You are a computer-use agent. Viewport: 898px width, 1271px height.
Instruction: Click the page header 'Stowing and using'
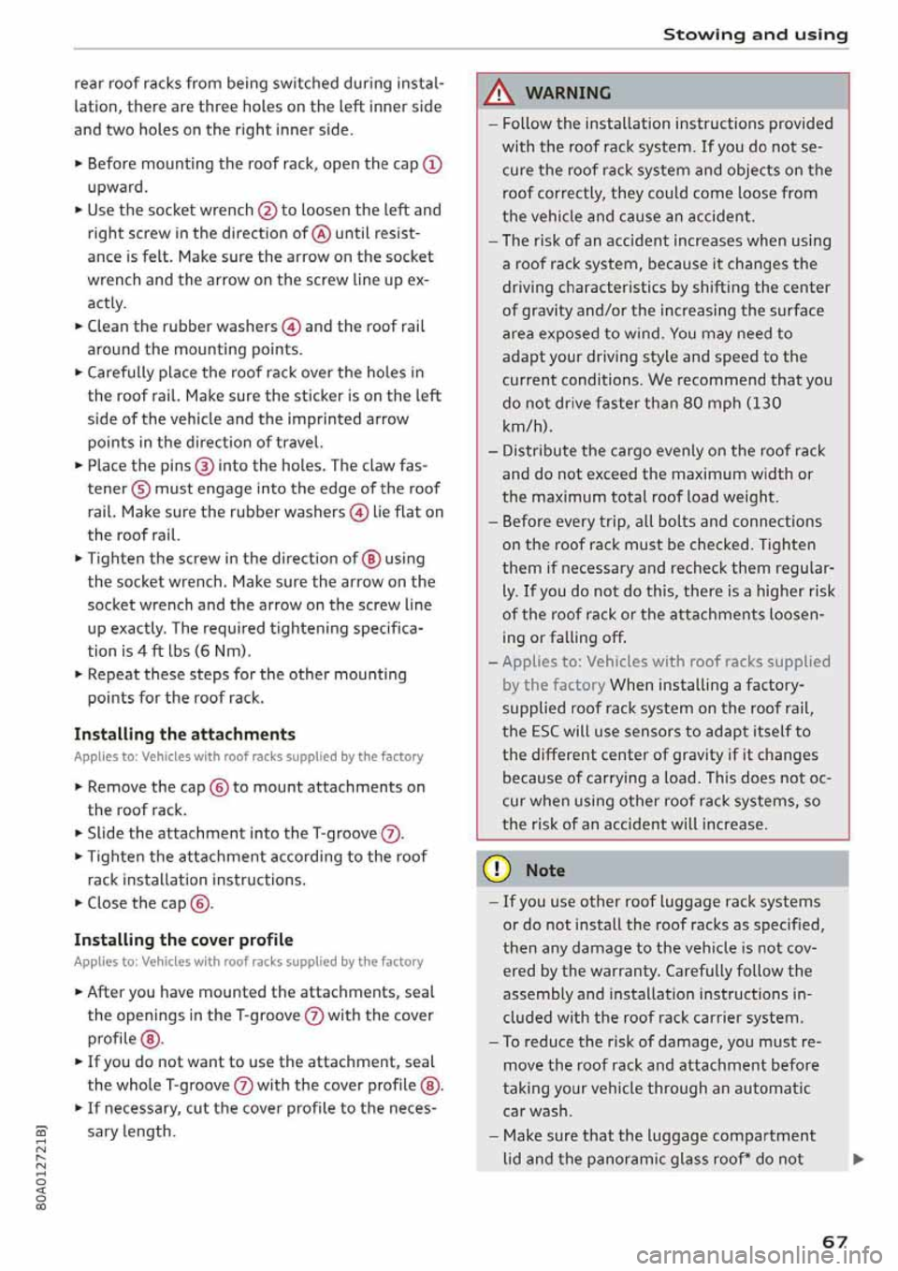pyautogui.click(x=755, y=35)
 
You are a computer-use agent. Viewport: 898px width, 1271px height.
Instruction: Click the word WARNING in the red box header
pyautogui.click(x=568, y=93)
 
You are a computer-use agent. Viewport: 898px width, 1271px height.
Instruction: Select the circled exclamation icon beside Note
pyautogui.click(x=496, y=869)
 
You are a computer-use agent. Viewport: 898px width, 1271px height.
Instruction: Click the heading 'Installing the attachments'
pyautogui.click(x=184, y=735)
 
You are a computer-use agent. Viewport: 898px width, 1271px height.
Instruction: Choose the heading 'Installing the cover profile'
pyautogui.click(x=183, y=940)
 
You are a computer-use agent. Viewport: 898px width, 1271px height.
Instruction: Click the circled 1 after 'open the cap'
pyautogui.click(x=432, y=165)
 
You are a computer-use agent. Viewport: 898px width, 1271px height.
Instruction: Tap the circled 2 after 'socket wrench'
pyautogui.click(x=268, y=211)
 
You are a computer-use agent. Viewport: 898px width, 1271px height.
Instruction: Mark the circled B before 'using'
pyautogui.click(x=371, y=560)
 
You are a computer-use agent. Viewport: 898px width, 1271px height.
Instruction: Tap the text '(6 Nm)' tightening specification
pyautogui.click(x=224, y=651)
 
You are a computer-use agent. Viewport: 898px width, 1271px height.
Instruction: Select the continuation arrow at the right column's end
pyautogui.click(x=858, y=1160)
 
